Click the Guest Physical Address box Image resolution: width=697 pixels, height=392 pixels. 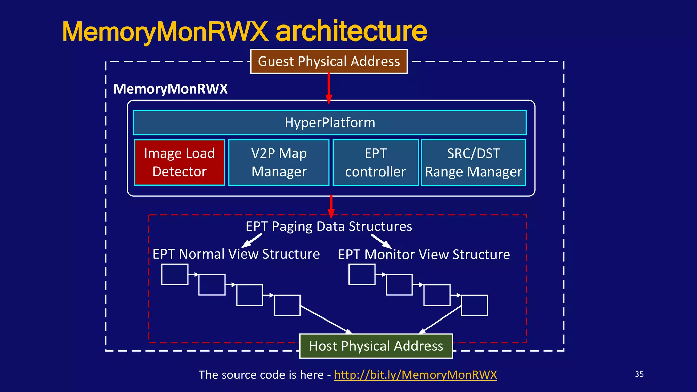pos(329,62)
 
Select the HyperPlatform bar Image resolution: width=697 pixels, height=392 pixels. pos(330,122)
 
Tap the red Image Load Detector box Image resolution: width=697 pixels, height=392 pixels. pos(179,162)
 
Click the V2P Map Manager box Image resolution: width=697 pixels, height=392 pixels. pos(279,162)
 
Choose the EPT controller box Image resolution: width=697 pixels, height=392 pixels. pos(375,162)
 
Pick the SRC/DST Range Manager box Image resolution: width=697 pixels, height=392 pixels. pos(473,162)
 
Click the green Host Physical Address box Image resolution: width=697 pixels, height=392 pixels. pos(376,346)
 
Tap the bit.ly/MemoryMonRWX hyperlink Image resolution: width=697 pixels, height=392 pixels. pos(415,375)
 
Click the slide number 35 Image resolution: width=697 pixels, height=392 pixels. pos(639,374)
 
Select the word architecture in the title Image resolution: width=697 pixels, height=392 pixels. pos(351,31)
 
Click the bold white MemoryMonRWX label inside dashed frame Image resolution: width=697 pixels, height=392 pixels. pos(171,89)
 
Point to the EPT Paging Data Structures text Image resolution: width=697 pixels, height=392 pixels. pos(329,226)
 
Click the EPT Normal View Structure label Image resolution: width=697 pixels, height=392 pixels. pos(236,254)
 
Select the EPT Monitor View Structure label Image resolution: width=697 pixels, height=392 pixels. pos(424,255)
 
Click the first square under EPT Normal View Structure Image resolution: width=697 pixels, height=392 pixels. pos(175,274)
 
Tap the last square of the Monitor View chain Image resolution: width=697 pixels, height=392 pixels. pos(474,306)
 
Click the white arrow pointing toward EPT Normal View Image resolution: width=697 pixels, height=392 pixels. pos(252,241)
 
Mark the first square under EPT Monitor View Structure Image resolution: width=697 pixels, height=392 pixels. pos(362,274)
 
